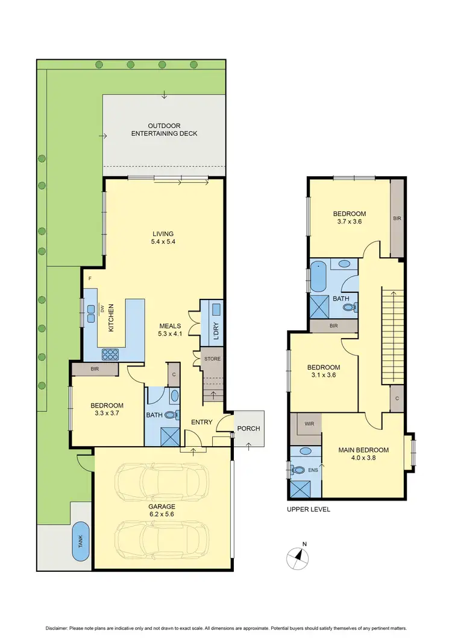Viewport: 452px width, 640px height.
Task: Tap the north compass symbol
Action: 298,556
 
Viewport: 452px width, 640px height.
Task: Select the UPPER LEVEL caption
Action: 309,509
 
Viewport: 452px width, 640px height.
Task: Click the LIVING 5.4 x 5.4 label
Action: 163,237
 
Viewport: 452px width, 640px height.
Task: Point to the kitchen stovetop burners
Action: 110,354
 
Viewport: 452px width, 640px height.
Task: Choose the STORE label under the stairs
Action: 213,359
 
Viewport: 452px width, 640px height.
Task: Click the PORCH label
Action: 249,429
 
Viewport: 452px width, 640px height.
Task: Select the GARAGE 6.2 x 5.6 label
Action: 163,510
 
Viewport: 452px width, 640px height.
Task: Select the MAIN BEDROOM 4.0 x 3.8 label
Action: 363,453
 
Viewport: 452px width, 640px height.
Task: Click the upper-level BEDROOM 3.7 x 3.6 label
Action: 350,217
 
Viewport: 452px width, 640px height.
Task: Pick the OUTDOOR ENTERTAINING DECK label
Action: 164,129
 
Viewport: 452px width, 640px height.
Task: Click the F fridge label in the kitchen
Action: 89,278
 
